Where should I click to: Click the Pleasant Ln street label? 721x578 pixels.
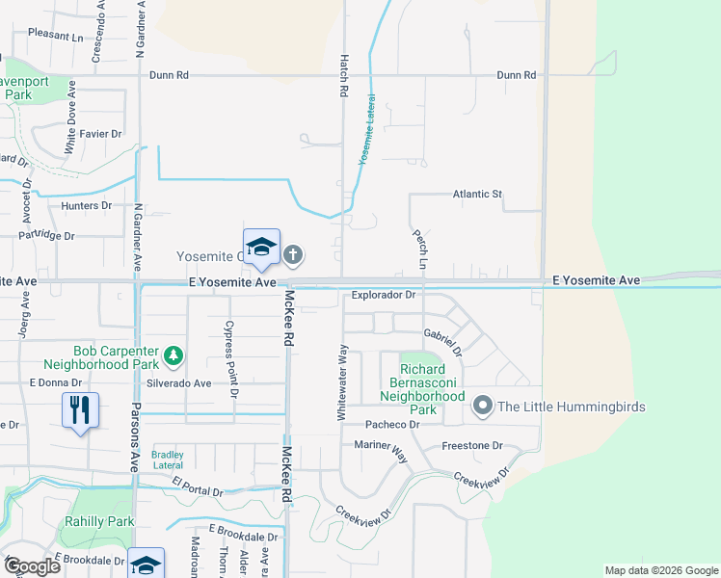56,35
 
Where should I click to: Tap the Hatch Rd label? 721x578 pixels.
342,75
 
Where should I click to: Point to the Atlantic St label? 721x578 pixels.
478,194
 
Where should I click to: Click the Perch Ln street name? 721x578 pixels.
421,248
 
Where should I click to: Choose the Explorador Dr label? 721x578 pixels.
383,296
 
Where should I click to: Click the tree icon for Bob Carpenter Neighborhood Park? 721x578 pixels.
174,356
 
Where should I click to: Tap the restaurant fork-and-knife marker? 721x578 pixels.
78,409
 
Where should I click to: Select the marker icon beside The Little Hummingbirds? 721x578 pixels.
483,407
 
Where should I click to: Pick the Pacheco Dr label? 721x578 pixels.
389,425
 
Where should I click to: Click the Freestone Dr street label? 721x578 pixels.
472,446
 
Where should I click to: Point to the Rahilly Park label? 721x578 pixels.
99,521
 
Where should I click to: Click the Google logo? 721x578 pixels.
33,566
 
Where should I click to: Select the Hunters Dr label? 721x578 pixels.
87,206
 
